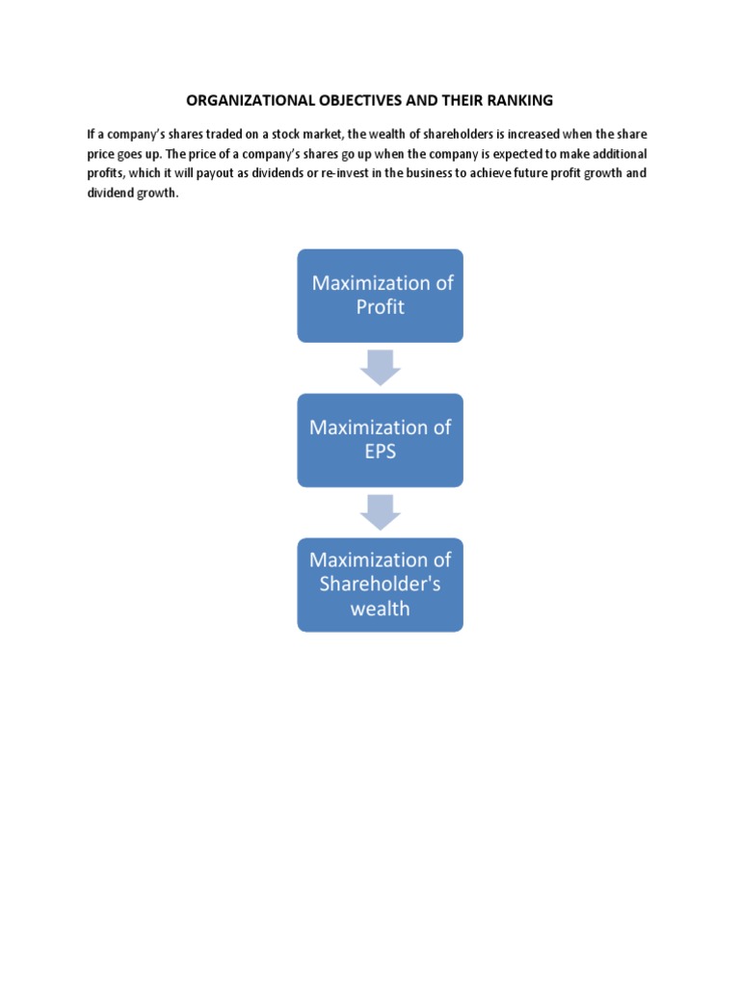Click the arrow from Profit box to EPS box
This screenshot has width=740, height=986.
[x=380, y=367]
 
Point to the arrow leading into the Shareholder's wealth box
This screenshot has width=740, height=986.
[x=380, y=511]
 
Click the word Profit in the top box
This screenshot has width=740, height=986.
[x=380, y=307]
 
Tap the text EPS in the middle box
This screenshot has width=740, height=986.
[x=380, y=451]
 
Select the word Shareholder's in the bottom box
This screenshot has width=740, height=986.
[x=380, y=584]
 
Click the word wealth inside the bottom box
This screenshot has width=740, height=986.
[x=380, y=608]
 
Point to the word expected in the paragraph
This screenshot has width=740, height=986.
[x=498, y=154]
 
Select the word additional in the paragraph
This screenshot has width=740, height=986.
[x=616, y=154]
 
